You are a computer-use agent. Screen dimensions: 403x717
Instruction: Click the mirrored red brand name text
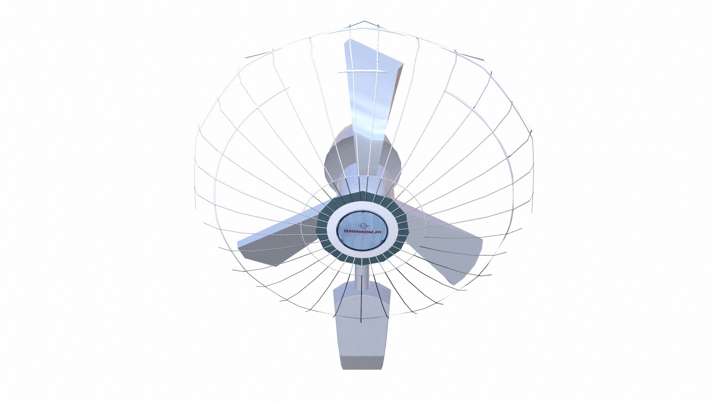coord(361,232)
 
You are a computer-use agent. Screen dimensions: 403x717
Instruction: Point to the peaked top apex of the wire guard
coord(365,22)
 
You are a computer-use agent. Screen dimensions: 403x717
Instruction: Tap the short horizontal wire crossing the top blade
coord(355,72)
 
